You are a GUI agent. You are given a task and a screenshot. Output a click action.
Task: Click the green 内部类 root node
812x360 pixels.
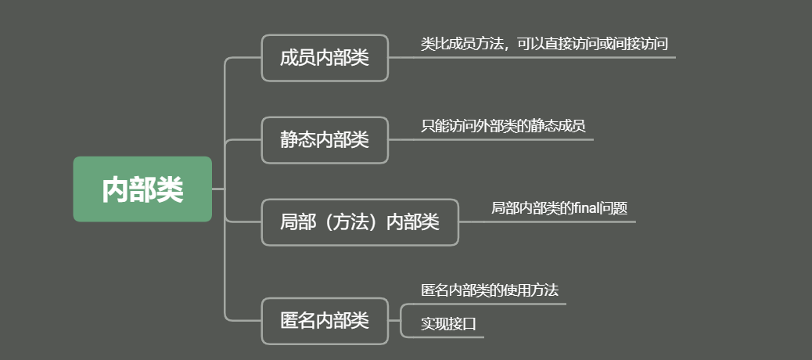pos(142,189)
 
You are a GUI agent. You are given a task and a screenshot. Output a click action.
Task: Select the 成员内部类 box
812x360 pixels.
pos(325,58)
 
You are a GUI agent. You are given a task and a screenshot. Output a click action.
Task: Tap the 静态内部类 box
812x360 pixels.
pos(325,140)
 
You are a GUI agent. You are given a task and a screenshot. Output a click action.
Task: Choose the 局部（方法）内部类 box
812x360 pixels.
pos(360,222)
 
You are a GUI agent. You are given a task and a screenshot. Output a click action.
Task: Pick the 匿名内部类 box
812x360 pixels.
pos(325,321)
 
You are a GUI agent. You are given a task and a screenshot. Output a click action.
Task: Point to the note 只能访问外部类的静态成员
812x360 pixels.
pos(503,126)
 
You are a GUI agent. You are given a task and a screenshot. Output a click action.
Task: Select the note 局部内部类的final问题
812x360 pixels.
pos(559,208)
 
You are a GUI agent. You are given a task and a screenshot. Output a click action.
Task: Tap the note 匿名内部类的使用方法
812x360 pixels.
pos(490,290)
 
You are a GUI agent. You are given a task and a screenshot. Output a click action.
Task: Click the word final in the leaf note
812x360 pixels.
pos(585,208)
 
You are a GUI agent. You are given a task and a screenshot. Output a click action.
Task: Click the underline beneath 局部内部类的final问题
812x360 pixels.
pos(559,221)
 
